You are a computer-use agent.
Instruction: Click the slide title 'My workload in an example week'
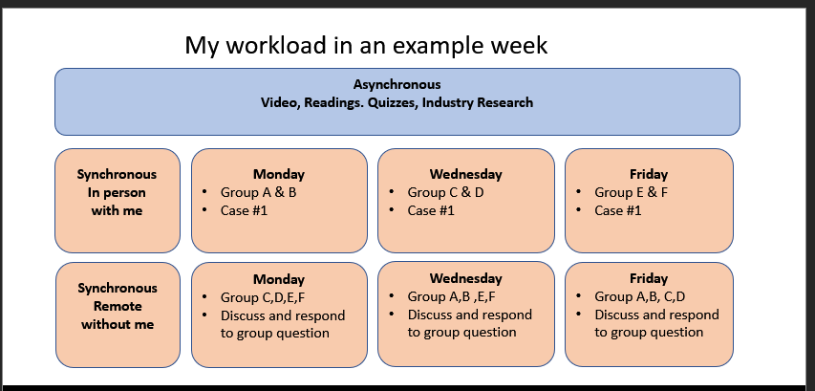tap(366, 45)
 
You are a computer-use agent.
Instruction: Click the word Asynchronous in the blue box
tap(397, 84)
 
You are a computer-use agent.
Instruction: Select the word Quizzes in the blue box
tap(393, 102)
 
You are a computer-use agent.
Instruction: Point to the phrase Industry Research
tap(478, 102)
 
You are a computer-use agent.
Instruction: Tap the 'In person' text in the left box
tap(117, 192)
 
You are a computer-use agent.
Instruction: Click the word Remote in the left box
tap(118, 306)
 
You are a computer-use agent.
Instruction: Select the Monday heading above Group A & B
tap(279, 174)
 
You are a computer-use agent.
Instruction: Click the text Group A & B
tap(258, 192)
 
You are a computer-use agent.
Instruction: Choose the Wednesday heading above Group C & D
tap(465, 174)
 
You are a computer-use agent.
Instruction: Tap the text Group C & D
tap(445, 192)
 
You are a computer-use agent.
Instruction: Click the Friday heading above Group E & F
tap(649, 174)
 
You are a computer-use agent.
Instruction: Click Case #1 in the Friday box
tap(618, 210)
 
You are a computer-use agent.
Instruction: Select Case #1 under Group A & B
tap(245, 210)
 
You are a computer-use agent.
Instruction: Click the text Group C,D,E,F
tap(263, 297)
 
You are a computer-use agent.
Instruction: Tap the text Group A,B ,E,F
tap(452, 296)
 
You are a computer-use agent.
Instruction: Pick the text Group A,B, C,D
tap(640, 296)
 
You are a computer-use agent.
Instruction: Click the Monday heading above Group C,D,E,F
tap(279, 279)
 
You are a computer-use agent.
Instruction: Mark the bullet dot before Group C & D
tap(392, 192)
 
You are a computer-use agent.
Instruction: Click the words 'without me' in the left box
tap(118, 324)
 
